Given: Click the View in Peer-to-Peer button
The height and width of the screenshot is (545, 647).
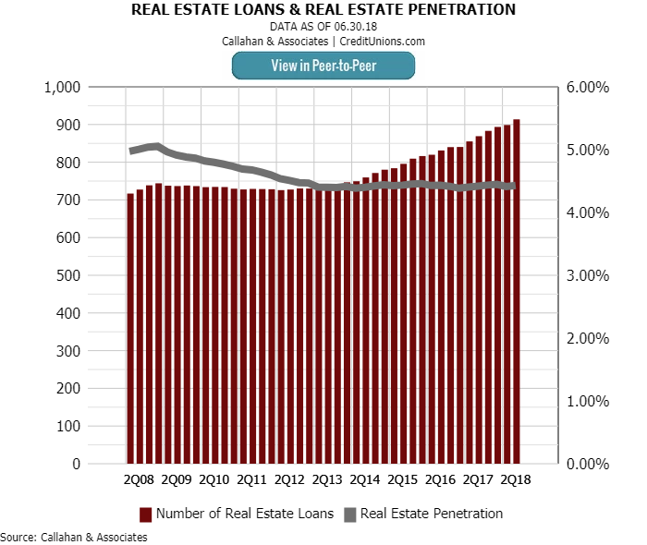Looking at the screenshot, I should (323, 65).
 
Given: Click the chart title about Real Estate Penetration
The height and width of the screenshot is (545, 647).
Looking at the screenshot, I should (323, 10).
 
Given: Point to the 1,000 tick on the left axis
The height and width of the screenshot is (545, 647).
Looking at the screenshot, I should (64, 87).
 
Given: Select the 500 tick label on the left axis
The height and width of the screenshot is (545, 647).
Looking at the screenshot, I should (69, 275).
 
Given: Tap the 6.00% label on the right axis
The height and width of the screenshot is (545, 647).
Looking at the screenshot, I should (588, 87).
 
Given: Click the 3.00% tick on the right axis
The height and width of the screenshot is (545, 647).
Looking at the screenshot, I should (588, 275).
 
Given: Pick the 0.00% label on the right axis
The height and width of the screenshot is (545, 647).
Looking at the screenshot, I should (588, 464).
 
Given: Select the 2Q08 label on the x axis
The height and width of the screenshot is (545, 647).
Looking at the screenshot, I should (139, 480).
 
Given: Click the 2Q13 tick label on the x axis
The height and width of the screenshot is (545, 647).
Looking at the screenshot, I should (327, 480).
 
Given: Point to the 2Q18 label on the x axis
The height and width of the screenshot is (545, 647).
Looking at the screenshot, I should (516, 480).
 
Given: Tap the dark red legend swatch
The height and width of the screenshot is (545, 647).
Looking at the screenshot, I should (145, 514).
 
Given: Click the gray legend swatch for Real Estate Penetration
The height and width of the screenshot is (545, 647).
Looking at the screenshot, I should (349, 514).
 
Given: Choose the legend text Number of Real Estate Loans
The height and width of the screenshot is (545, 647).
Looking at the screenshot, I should (245, 514).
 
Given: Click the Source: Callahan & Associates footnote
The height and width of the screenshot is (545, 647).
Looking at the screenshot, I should (74, 537).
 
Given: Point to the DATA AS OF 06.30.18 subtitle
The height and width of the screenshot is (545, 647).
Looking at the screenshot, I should (323, 27).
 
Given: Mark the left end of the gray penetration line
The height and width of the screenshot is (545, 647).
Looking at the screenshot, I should (131, 151).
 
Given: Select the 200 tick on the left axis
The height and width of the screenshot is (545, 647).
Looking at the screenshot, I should (69, 388).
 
